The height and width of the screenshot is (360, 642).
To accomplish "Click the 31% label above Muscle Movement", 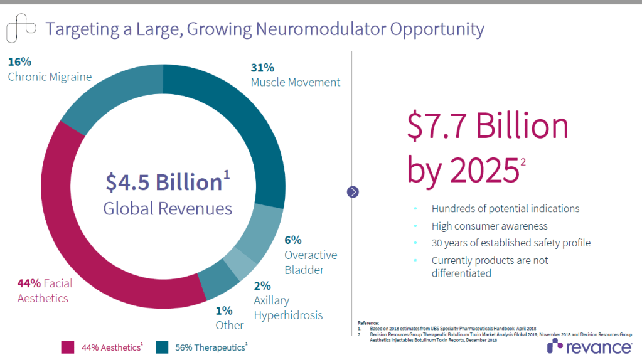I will click(262, 68).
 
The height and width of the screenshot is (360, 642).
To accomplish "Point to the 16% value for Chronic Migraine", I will click(19, 62).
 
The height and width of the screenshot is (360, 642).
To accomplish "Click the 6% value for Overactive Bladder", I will click(293, 240).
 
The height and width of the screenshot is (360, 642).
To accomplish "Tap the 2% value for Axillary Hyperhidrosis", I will click(262, 285).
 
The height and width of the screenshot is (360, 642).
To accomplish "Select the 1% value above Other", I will click(224, 310).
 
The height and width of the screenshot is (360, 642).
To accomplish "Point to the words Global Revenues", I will click(168, 209).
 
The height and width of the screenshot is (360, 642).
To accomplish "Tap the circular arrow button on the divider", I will click(353, 192).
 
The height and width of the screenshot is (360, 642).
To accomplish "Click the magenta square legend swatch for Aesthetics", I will click(68, 347).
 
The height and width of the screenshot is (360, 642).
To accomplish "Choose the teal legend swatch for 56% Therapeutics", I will click(162, 347).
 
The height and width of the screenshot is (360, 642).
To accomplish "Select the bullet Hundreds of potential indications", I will click(505, 208).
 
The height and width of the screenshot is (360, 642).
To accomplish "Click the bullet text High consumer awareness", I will click(490, 226).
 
